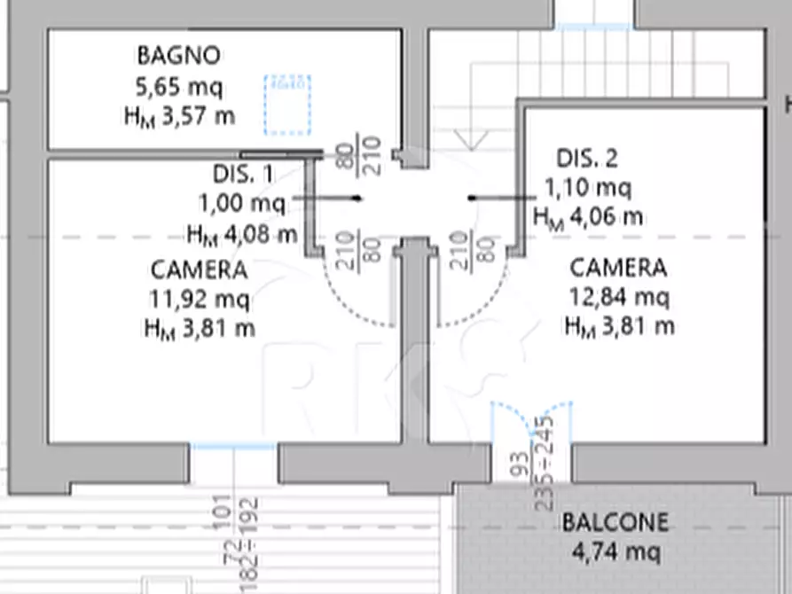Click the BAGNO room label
pyautogui.click(x=178, y=56)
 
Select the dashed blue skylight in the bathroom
pyautogui.click(x=287, y=105)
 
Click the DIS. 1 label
pyautogui.click(x=244, y=174)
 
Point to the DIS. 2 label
pyautogui.click(x=586, y=159)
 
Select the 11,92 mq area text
pyautogui.click(x=199, y=298)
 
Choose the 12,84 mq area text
pyautogui.click(x=618, y=295)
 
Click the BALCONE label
pyautogui.click(x=615, y=522)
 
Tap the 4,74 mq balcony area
pyautogui.click(x=615, y=552)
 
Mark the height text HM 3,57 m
pyautogui.click(x=179, y=116)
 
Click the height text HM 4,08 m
pyautogui.click(x=241, y=234)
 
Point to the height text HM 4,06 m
pyautogui.click(x=587, y=216)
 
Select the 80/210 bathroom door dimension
pyautogui.click(x=358, y=155)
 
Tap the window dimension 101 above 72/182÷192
pyautogui.click(x=223, y=512)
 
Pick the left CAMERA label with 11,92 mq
pyautogui.click(x=199, y=269)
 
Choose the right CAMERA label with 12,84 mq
pyautogui.click(x=618, y=267)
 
